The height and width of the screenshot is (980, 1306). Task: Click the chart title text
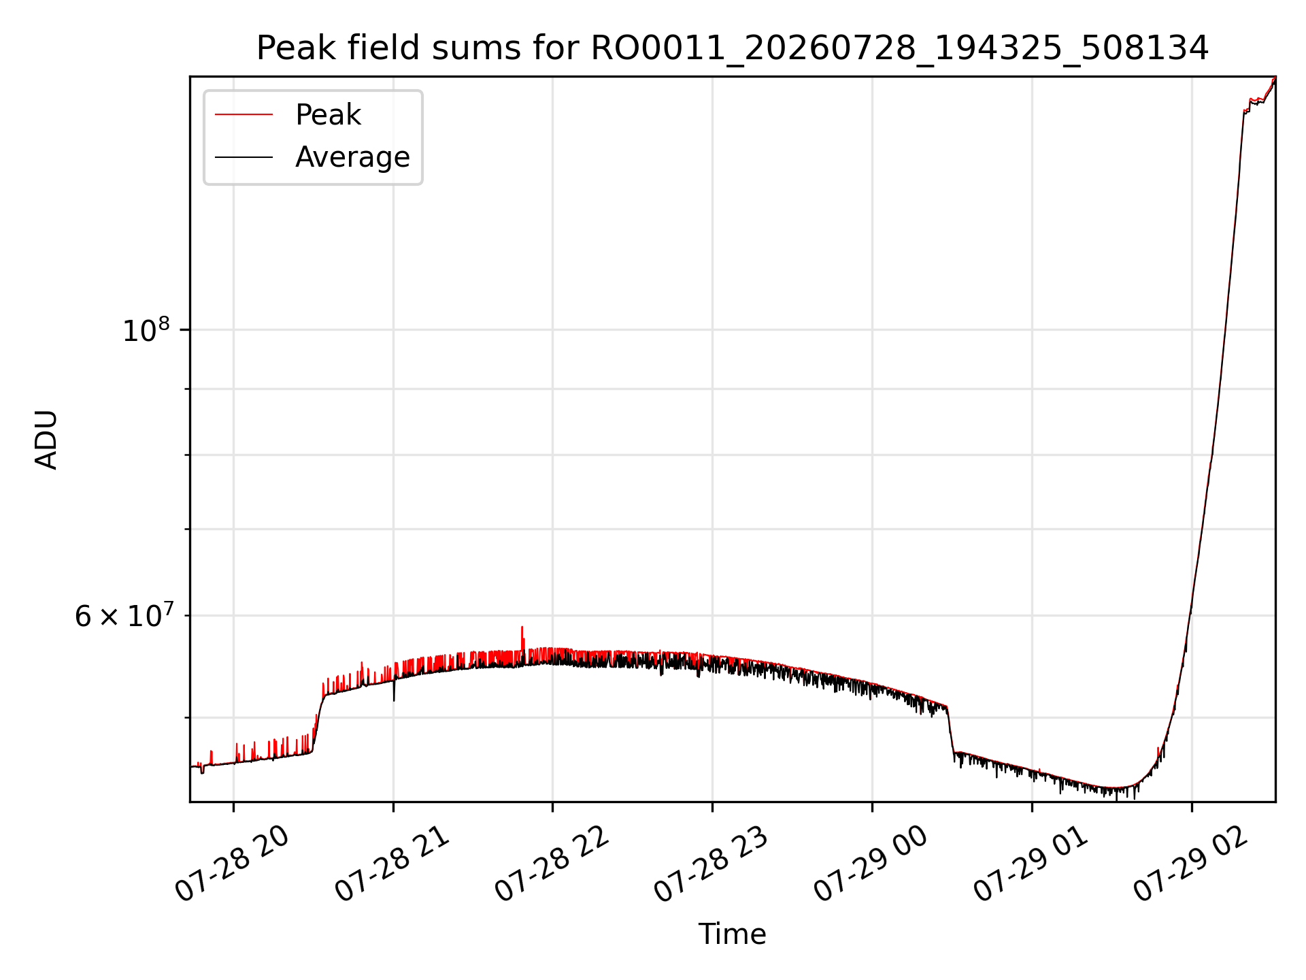[x=732, y=48]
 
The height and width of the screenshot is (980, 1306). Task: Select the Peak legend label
[x=328, y=115]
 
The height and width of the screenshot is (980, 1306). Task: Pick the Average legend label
[x=352, y=157]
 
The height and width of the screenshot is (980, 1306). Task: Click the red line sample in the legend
[x=244, y=115]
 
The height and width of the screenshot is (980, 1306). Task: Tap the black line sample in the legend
[x=244, y=157]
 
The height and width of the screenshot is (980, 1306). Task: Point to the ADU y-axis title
[x=46, y=440]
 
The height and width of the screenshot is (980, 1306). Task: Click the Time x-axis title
[x=732, y=934]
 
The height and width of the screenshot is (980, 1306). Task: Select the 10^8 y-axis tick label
[x=146, y=330]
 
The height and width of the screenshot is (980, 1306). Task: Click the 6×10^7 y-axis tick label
[x=122, y=615]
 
